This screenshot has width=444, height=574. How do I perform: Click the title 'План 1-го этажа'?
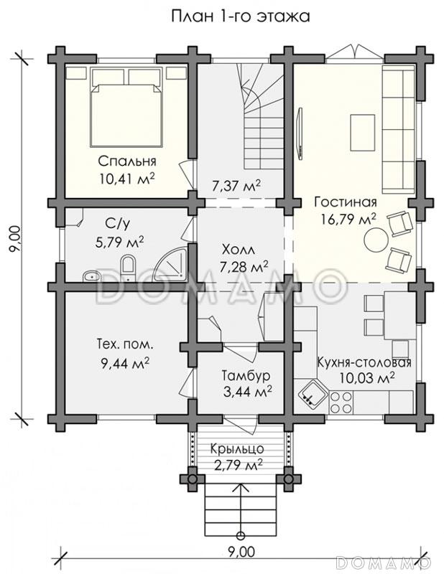click(x=241, y=17)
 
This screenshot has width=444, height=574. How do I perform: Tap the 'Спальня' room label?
click(x=127, y=161)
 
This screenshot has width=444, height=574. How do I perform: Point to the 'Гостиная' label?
click(x=346, y=202)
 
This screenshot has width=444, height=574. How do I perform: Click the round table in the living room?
click(x=376, y=239)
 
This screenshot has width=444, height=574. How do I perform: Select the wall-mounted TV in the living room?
click(x=300, y=133)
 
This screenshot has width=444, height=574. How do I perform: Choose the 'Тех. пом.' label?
click(x=125, y=344)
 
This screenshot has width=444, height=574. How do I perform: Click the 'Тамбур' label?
click(x=246, y=375)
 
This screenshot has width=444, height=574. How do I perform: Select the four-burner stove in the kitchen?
click(x=341, y=402)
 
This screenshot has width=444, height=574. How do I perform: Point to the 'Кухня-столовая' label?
click(x=364, y=362)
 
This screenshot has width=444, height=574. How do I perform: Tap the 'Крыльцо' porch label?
click(x=238, y=449)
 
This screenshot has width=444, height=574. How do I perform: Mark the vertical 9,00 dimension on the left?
click(x=15, y=239)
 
